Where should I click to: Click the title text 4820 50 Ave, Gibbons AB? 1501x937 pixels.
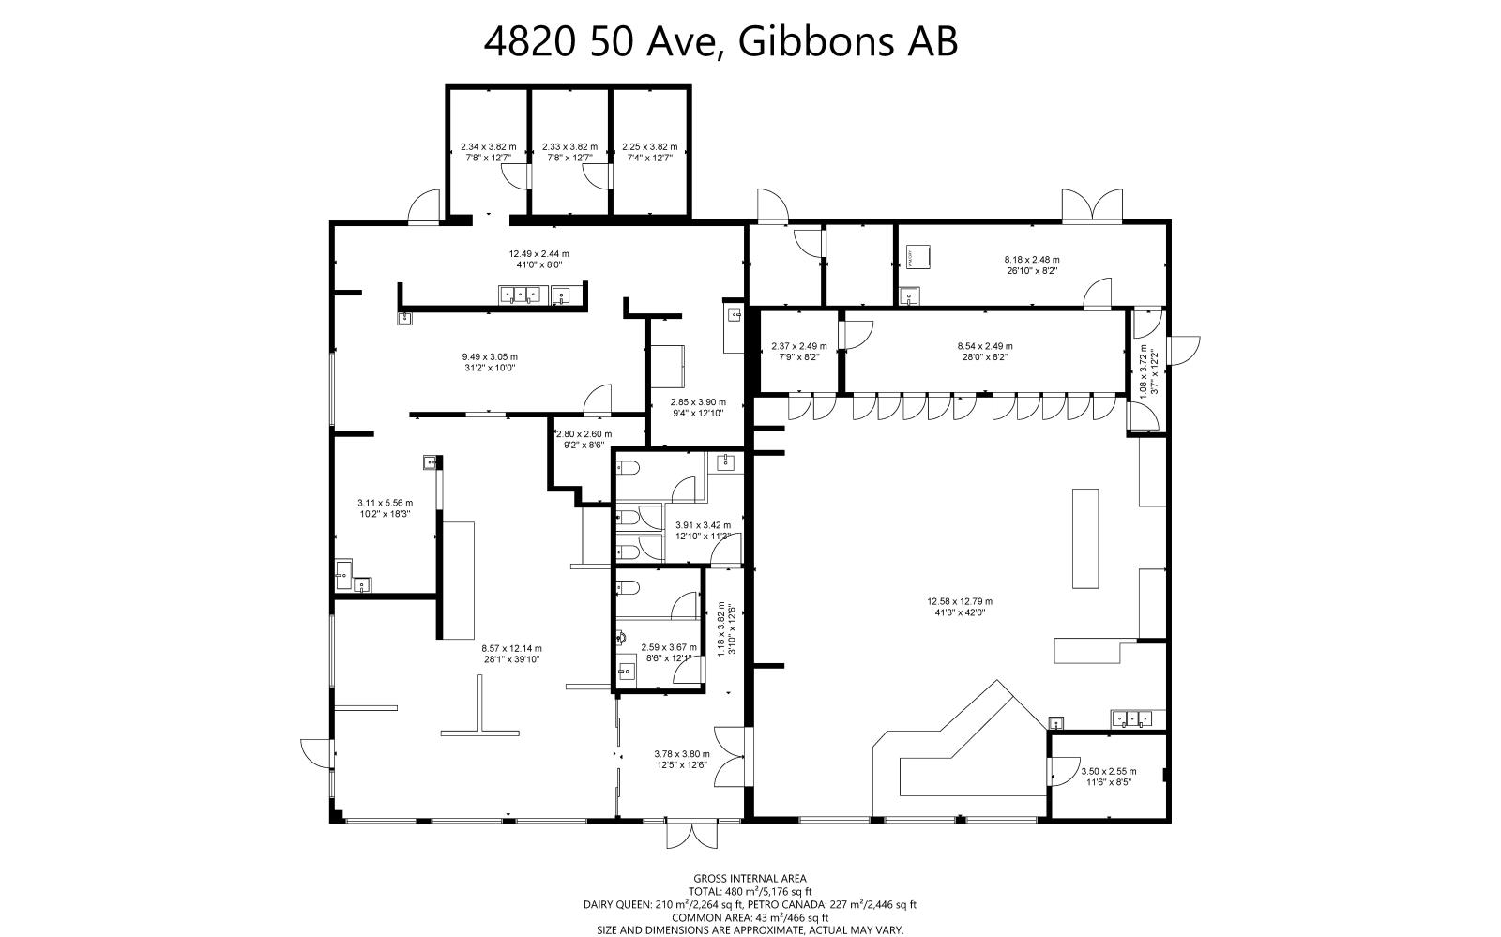pyautogui.click(x=720, y=42)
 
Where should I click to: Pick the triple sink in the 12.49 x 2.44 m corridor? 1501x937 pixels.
pyautogui.click(x=519, y=296)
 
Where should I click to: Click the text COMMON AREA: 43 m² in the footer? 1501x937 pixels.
pyautogui.click(x=750, y=917)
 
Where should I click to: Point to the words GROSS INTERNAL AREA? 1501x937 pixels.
pyautogui.click(x=750, y=879)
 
